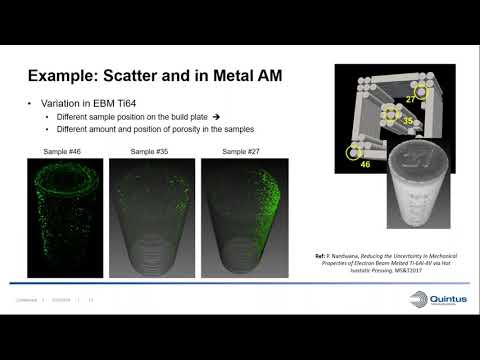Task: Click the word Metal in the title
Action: [236, 75]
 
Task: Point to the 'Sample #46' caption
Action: [61, 151]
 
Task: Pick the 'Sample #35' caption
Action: [148, 151]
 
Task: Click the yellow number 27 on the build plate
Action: [410, 98]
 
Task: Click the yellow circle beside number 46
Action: [353, 151]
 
